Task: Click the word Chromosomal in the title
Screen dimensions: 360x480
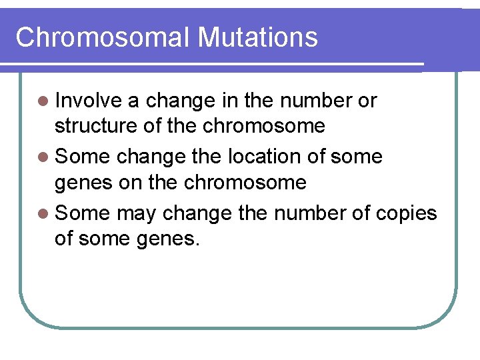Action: point(103,37)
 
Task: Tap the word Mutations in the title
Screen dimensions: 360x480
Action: point(257,37)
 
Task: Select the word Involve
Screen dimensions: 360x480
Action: point(88,101)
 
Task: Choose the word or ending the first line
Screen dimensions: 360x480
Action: point(367,101)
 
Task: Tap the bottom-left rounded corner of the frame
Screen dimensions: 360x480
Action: point(30,316)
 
